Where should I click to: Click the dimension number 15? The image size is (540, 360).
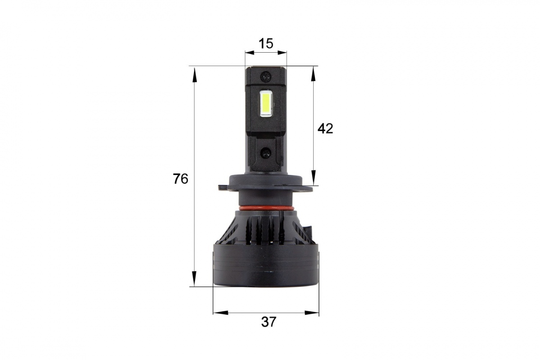[x=266, y=44]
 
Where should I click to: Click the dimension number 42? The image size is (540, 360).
[x=325, y=129]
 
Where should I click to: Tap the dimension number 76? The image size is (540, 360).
[x=180, y=179]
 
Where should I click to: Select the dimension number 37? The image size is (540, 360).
[x=268, y=322]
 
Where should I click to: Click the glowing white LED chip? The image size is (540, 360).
[x=266, y=105]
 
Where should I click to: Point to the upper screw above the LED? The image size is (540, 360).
[x=266, y=77]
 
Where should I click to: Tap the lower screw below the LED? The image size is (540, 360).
[x=266, y=153]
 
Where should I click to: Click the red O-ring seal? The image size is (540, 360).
[x=266, y=208]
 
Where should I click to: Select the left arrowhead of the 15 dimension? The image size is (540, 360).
[x=250, y=53]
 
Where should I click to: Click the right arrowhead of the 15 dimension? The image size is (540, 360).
[x=282, y=53]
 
